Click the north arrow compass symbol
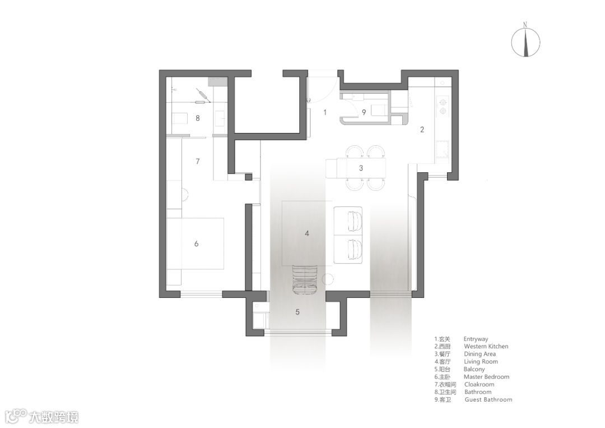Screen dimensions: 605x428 (x=525, y=40)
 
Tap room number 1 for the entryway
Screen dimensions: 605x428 (x=325, y=112)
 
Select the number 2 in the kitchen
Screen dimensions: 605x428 (x=422, y=130)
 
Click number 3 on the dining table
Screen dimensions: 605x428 (x=361, y=168)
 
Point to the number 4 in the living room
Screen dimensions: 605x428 (x=307, y=233)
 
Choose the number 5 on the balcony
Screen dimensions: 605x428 (x=297, y=312)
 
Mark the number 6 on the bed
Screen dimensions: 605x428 (x=197, y=244)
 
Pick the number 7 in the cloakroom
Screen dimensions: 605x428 (x=198, y=161)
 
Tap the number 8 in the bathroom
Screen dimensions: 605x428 (x=198, y=118)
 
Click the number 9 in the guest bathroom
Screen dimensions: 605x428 (x=364, y=112)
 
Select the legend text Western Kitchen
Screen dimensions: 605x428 (x=486, y=347)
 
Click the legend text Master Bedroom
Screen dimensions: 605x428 (x=486, y=376)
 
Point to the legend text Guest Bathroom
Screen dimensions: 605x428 (x=488, y=399)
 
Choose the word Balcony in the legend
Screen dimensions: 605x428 (x=474, y=369)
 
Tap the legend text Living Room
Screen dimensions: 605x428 (x=481, y=362)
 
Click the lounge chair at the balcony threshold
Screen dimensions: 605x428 (x=305, y=280)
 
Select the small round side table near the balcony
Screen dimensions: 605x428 (x=328, y=279)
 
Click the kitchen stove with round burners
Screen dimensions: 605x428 (x=443, y=106)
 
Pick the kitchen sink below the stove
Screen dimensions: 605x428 (x=443, y=150)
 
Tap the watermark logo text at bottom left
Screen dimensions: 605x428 (x=41, y=416)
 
